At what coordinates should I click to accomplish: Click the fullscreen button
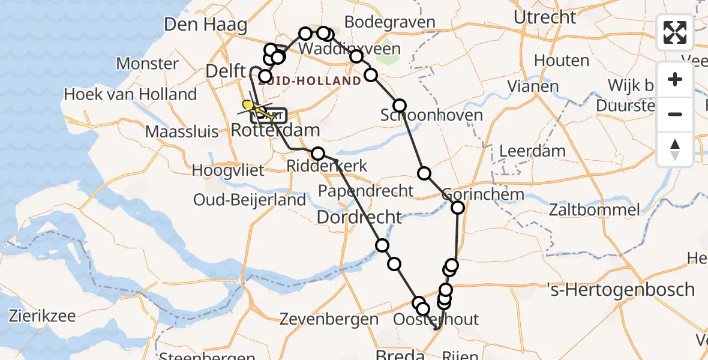(675, 32)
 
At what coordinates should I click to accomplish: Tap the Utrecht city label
(545, 17)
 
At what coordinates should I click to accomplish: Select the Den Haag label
(205, 25)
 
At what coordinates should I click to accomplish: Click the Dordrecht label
(359, 217)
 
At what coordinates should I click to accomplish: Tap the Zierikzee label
(41, 316)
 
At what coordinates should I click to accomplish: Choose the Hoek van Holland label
(130, 94)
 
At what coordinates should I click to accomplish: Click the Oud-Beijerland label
(250, 200)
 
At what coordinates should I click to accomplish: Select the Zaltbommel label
(594, 210)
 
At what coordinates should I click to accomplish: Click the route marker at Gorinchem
(458, 208)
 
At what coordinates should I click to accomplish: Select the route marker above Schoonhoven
(400, 106)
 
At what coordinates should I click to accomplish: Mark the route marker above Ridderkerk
(318, 154)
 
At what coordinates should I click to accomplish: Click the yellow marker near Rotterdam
(247, 105)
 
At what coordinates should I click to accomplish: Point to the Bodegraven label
(390, 23)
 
